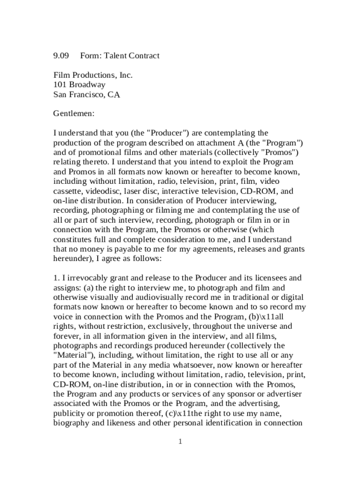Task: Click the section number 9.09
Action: click(61, 56)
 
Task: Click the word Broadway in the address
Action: click(87, 85)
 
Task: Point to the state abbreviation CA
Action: click(114, 94)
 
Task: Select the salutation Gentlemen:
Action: click(74, 114)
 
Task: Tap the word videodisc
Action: click(104, 191)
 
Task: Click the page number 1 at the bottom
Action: click(180, 442)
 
